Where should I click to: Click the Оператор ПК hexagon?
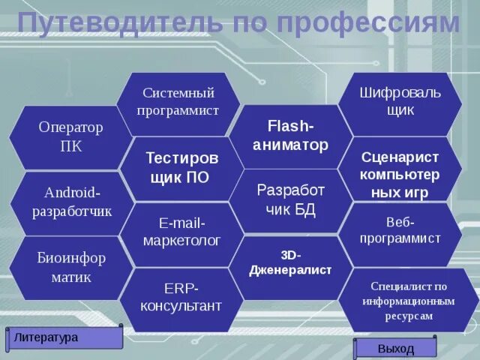point(70,136)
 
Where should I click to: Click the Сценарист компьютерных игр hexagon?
point(399,174)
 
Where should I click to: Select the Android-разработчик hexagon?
point(72,202)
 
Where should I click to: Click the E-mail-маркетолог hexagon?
point(181,232)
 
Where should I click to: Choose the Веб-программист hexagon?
point(400,231)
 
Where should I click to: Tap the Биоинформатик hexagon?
point(71,268)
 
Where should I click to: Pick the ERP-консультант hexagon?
point(181,298)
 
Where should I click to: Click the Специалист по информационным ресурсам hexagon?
point(408,301)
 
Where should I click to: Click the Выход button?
point(395,349)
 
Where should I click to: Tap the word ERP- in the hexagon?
point(181,289)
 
